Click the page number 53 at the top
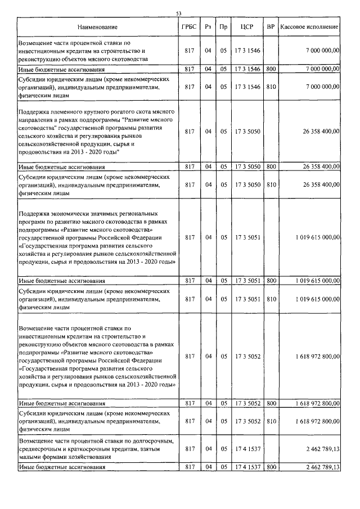179,13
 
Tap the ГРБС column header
188,27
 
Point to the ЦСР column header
247,27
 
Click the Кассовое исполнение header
309,27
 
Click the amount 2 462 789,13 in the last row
319,467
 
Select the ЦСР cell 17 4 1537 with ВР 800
247,467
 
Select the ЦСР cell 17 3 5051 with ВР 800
247,280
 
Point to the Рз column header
208,27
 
